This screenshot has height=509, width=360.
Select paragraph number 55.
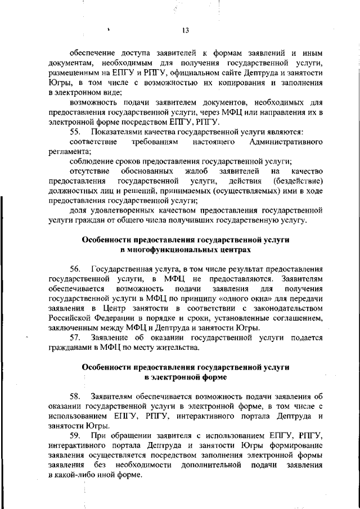pos(76,132)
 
